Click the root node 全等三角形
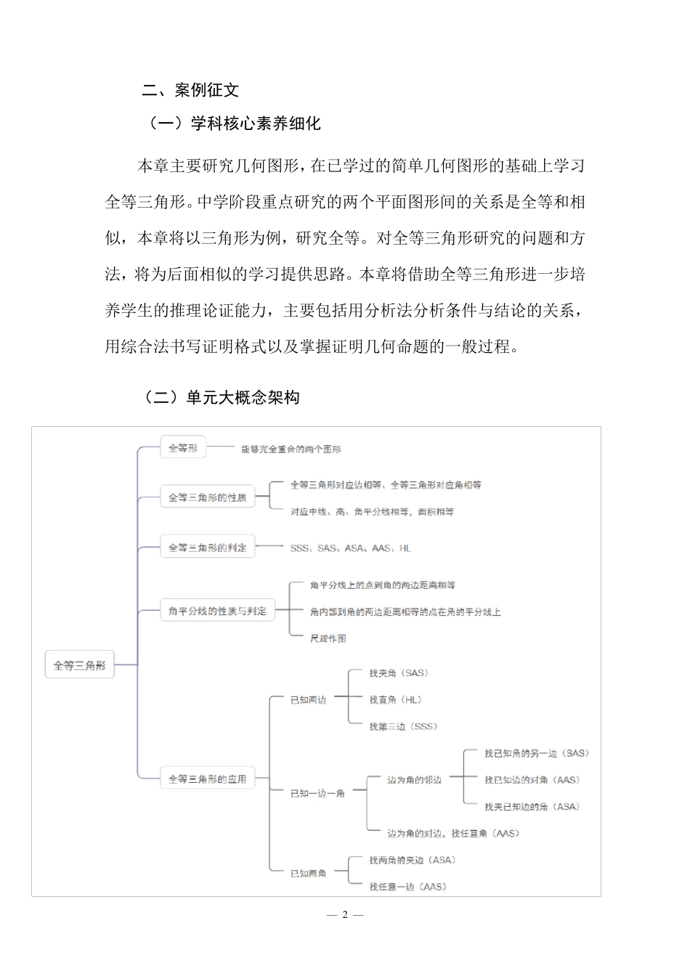[80, 664]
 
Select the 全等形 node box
[183, 448]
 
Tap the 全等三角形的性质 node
[208, 497]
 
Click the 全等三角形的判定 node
[208, 548]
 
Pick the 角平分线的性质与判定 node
[217, 611]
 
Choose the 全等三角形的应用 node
[208, 779]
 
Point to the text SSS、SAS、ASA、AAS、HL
[350, 548]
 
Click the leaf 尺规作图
[328, 638]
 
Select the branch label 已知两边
[309, 700]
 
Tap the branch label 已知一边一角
[317, 794]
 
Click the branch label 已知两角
[309, 873]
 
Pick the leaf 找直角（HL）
[396, 700]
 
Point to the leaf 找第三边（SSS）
[403, 726]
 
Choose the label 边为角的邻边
[414, 780]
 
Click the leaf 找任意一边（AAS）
[407, 887]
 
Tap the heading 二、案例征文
[190, 90]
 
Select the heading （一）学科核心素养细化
[234, 123]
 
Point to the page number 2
[345, 914]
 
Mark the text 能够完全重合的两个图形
[291, 450]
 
